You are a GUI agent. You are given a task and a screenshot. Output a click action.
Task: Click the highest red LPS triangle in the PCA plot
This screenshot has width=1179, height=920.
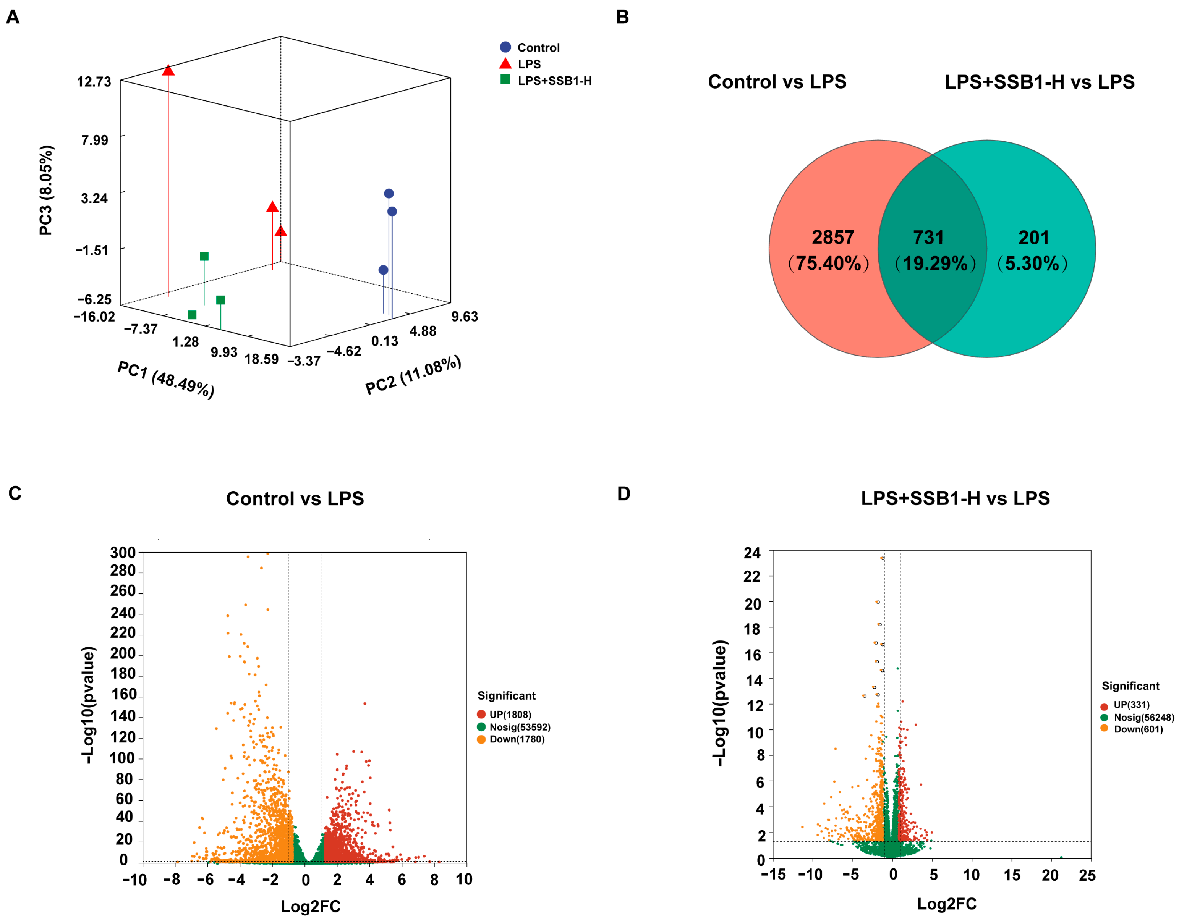click(x=168, y=71)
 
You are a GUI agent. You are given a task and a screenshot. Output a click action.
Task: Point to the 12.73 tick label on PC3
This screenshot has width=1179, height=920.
click(x=94, y=82)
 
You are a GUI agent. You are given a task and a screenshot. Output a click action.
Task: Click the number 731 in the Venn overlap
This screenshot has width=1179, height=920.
click(x=928, y=238)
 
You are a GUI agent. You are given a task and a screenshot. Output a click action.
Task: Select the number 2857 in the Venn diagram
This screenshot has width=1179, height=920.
click(x=833, y=238)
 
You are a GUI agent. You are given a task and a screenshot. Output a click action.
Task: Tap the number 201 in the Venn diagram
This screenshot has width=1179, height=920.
click(x=1033, y=238)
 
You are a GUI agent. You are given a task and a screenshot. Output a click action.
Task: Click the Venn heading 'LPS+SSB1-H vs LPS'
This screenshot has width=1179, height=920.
click(x=1039, y=82)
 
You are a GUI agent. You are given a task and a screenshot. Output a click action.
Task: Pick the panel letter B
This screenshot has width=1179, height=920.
click(x=622, y=17)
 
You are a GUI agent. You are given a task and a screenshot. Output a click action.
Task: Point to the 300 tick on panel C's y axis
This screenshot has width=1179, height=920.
click(x=123, y=553)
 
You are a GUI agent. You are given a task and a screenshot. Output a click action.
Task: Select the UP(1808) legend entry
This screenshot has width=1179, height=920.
click(x=504, y=715)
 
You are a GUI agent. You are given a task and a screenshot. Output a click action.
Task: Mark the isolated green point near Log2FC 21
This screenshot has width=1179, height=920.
click(x=1061, y=857)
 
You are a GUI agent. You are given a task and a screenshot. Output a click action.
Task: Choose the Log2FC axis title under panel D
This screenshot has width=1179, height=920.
click(x=947, y=904)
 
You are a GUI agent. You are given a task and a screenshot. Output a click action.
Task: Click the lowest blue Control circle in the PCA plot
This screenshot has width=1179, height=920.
click(x=383, y=270)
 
